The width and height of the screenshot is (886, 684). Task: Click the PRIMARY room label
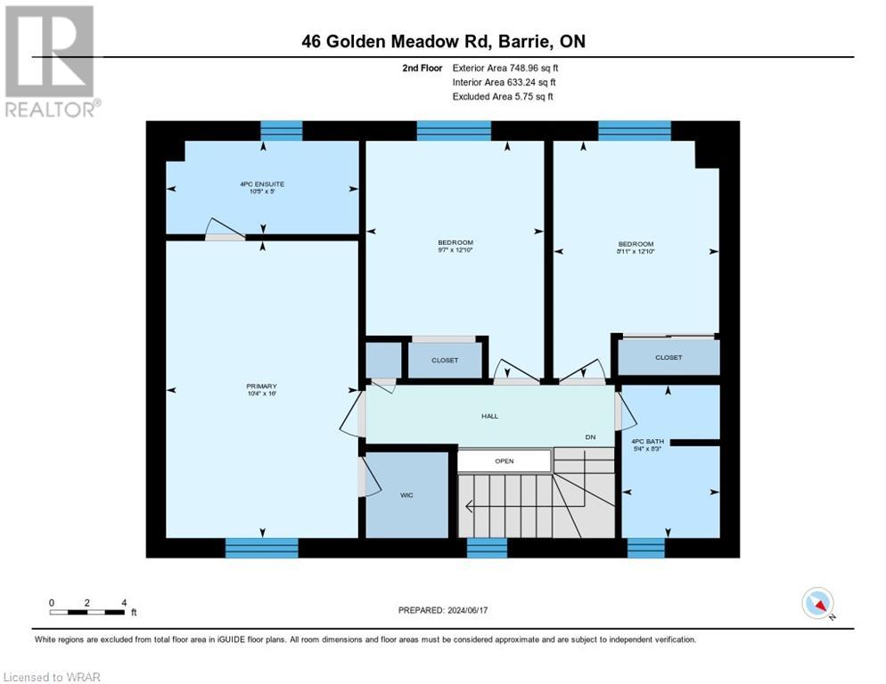[262, 387]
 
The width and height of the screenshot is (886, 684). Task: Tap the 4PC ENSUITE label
[262, 183]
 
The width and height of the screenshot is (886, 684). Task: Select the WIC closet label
[406, 494]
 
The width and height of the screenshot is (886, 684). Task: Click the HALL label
[489, 415]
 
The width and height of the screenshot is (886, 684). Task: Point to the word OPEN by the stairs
[505, 461]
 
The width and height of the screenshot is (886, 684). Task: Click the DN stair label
[590, 437]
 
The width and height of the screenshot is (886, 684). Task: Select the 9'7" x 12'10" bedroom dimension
[455, 250]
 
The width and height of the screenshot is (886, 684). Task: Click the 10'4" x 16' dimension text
[262, 394]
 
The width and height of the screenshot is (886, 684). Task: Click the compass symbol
[817, 603]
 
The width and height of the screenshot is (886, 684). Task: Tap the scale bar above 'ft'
[87, 612]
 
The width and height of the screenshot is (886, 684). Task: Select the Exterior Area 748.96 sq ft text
[505, 68]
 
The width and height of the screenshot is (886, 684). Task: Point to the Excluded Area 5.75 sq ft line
[503, 96]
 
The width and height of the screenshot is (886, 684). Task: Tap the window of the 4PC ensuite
[281, 131]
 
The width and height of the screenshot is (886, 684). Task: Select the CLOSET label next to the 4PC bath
[668, 357]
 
